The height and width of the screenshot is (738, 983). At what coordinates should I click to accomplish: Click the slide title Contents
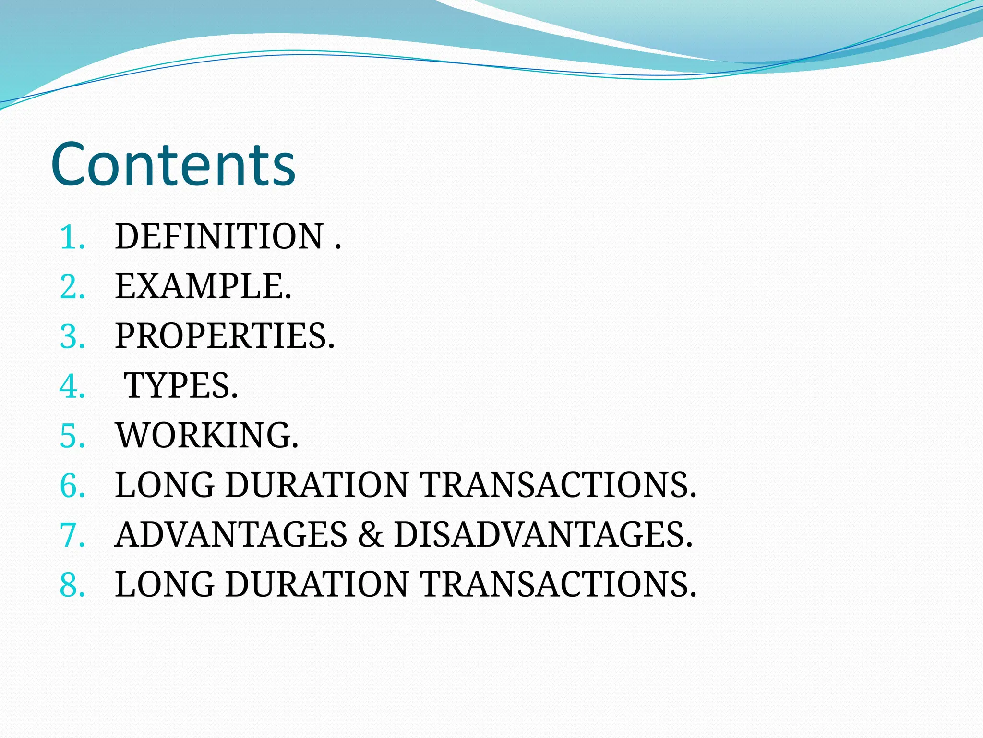[x=173, y=164]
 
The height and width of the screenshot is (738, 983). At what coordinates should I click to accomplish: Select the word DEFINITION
[x=219, y=237]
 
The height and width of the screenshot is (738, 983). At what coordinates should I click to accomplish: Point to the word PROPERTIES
[x=224, y=336]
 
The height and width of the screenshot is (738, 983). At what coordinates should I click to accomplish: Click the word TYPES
[x=180, y=386]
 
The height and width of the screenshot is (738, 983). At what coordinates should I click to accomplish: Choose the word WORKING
[x=206, y=435]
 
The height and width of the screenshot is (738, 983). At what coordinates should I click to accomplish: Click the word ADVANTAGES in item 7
[x=231, y=535]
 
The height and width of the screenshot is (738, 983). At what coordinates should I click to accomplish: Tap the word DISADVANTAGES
[x=543, y=535]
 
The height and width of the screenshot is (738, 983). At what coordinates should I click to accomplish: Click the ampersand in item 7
[x=371, y=535]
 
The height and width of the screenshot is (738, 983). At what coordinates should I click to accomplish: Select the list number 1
[x=72, y=237]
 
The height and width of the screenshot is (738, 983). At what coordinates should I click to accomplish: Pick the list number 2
[x=72, y=287]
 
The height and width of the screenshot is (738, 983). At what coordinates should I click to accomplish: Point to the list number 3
[x=72, y=336]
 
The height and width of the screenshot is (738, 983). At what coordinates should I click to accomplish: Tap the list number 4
[x=72, y=386]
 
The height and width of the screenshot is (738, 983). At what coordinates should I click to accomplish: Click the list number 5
[x=72, y=436]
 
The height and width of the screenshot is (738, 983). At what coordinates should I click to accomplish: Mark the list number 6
[x=72, y=485]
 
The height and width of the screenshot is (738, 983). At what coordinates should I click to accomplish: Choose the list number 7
[x=72, y=535]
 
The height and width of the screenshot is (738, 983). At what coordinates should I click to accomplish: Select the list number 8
[x=72, y=585]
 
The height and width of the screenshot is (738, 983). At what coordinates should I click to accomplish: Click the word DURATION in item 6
[x=317, y=485]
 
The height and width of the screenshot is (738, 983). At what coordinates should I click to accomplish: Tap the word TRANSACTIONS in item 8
[x=558, y=584]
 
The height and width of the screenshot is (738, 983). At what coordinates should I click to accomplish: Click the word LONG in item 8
[x=165, y=584]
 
